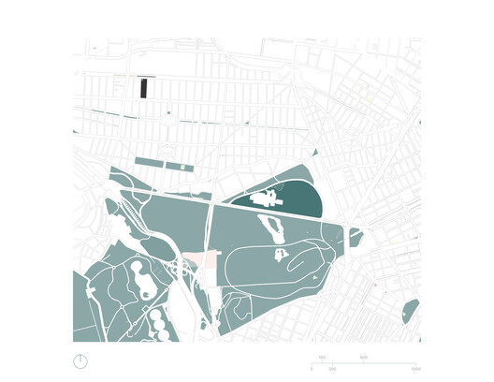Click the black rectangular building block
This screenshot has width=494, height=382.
[x=143, y=88]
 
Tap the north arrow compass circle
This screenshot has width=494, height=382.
[x=81, y=361]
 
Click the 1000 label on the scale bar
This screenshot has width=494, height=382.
[x=415, y=368]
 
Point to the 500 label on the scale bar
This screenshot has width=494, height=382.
[x=364, y=359]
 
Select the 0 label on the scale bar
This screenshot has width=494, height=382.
[x=312, y=368]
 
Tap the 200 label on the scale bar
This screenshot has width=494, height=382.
[x=322, y=359]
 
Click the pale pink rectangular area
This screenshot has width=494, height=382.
[x=198, y=262]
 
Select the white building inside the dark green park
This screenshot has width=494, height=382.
[x=267, y=198]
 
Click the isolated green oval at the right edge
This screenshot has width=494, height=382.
[x=410, y=311]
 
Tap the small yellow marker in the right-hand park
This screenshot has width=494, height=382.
[x=391, y=242]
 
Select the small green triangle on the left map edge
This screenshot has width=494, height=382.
[x=75, y=132]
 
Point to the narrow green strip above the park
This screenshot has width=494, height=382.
[x=159, y=163]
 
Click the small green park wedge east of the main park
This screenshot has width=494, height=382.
[x=356, y=238]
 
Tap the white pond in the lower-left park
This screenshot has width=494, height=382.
[x=140, y=277]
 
